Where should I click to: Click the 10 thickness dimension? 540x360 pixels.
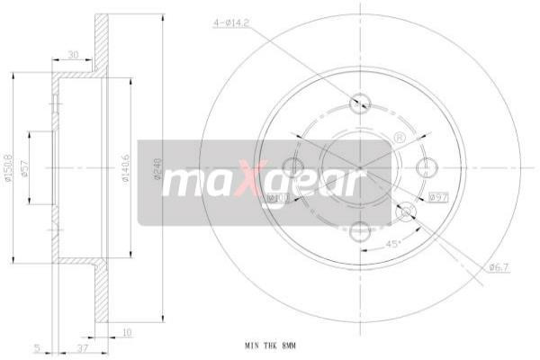125,334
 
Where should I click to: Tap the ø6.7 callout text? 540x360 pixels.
500,266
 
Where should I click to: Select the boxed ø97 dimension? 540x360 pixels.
438,196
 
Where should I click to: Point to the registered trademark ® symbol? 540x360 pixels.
397,138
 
